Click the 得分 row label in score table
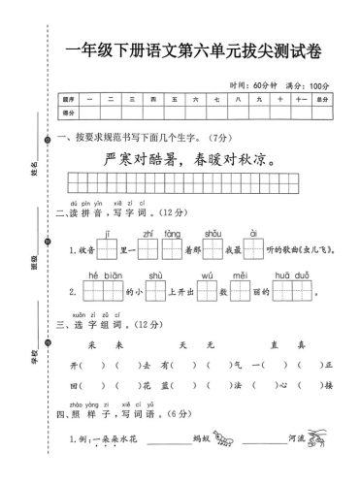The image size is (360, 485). pos(68,113)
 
